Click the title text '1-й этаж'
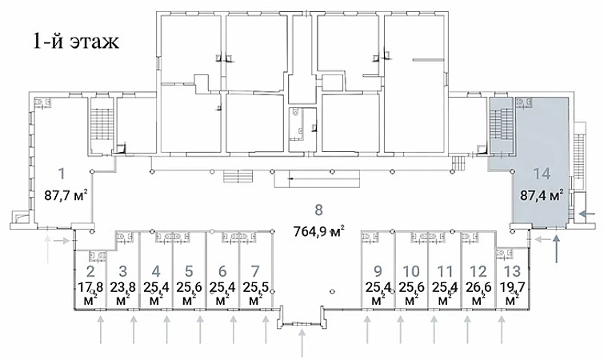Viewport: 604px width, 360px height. pos(76,41)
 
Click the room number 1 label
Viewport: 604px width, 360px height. pos(62,174)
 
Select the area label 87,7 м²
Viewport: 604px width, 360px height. pos(66,195)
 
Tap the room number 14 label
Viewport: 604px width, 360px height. pos(542,174)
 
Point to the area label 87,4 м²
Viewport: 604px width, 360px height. pos(542,195)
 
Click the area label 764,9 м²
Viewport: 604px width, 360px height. pos(318,232)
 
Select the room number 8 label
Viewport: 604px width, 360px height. pos(318,210)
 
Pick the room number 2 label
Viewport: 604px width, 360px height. pos(90,271)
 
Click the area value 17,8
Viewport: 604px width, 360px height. pos(90,287)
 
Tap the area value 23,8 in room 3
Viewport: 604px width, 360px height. pos(123,287)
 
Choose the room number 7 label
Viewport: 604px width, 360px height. pos(255,271)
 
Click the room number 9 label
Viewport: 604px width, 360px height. pos(378,271)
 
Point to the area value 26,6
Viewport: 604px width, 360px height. pos(478,287)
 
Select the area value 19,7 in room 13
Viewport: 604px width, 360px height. pos(512,287)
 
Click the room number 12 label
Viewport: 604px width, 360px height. pos(478,271)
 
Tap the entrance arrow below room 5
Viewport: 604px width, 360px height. pos(200,330)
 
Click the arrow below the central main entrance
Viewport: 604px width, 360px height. pos(302,343)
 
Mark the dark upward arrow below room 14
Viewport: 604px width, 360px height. pos(556,249)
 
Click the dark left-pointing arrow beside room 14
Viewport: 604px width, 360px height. pos(588,214)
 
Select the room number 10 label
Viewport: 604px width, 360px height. pos(411,271)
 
